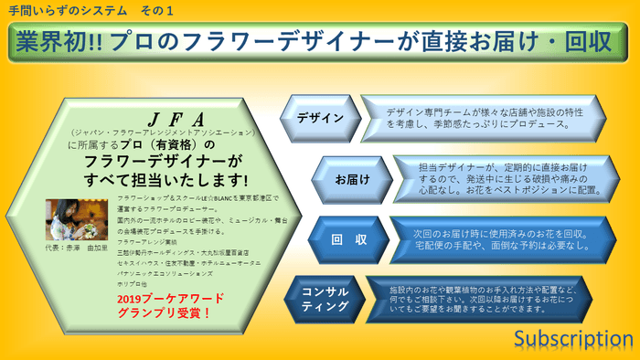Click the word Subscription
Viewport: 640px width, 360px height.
click(572, 339)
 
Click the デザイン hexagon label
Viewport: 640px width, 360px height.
click(320, 118)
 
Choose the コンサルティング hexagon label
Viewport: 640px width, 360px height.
click(325, 298)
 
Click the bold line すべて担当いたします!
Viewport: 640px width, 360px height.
click(166, 177)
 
